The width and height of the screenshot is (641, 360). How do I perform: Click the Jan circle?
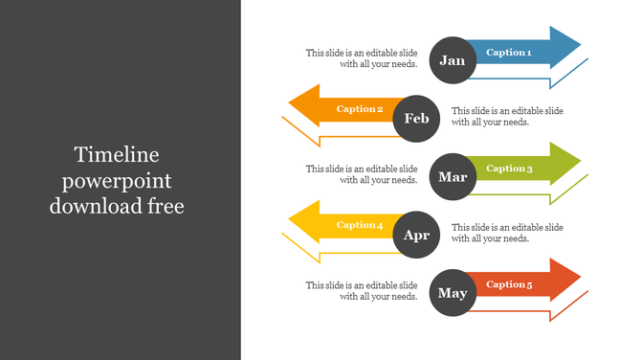click(452, 60)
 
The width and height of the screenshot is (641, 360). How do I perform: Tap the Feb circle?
click(416, 119)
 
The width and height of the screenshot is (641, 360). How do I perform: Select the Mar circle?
click(452, 177)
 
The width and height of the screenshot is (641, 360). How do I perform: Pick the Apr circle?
click(416, 236)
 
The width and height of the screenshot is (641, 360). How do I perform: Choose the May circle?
click(452, 293)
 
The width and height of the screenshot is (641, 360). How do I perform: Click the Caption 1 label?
click(508, 53)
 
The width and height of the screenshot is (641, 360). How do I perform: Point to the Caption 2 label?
click(360, 109)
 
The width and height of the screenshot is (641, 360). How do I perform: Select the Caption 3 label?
click(508, 169)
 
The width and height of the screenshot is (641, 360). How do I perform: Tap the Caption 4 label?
click(360, 225)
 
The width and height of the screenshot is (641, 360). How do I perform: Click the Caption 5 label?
click(508, 284)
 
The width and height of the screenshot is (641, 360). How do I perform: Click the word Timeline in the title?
click(118, 155)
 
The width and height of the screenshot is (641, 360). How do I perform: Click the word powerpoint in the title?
click(118, 180)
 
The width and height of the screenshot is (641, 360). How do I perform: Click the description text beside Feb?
click(507, 116)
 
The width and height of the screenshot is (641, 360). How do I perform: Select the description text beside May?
click(362, 290)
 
